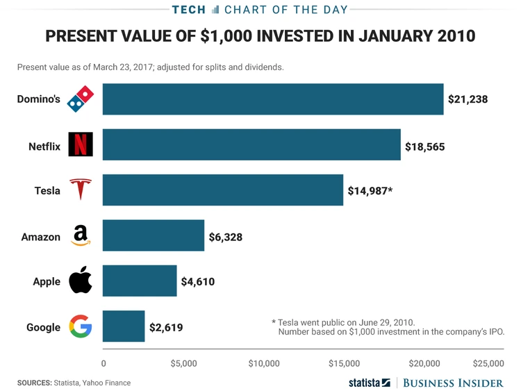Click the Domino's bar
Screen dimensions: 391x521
tap(273, 99)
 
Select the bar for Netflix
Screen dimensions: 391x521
tap(251, 144)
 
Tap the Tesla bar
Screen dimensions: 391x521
tap(223, 190)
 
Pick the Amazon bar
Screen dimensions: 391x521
tap(154, 235)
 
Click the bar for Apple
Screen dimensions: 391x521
tap(140, 281)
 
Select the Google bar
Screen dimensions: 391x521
tap(124, 326)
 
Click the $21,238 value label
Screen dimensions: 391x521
tap(468, 99)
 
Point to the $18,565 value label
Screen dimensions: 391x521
tap(424, 147)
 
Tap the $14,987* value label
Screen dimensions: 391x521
tap(370, 190)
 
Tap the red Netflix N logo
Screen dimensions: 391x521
tap(80, 144)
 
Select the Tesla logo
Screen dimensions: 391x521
tap(80, 190)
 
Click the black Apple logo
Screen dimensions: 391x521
tap(80, 281)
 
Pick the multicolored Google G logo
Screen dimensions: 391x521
tap(80, 326)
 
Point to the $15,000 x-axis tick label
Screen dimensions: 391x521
tap(343, 363)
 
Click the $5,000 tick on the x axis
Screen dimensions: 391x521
tap(183, 363)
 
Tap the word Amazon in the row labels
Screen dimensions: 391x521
tap(41, 237)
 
